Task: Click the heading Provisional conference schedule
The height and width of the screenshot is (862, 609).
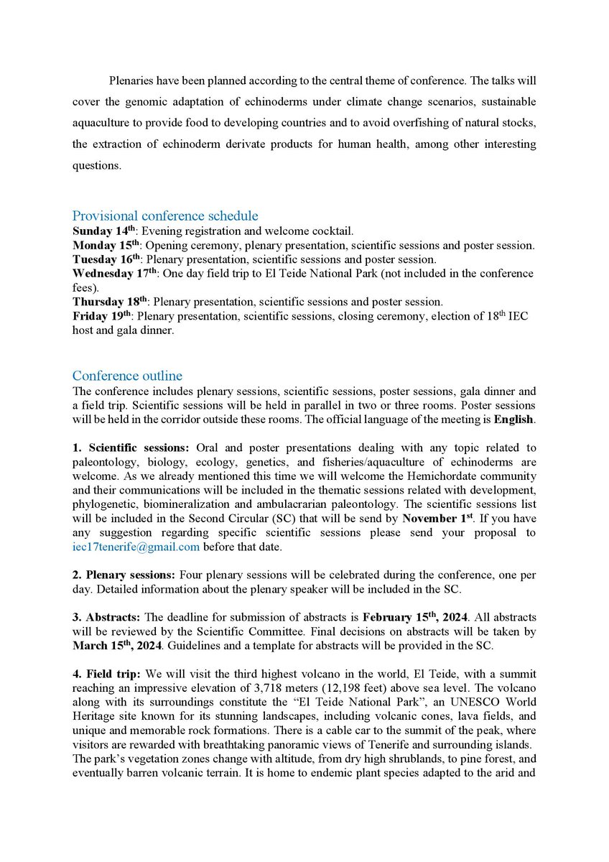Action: click(165, 215)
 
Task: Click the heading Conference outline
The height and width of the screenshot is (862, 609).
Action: click(127, 376)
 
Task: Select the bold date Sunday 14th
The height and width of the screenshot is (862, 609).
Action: click(99, 231)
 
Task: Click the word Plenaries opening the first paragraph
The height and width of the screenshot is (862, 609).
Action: click(134, 81)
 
